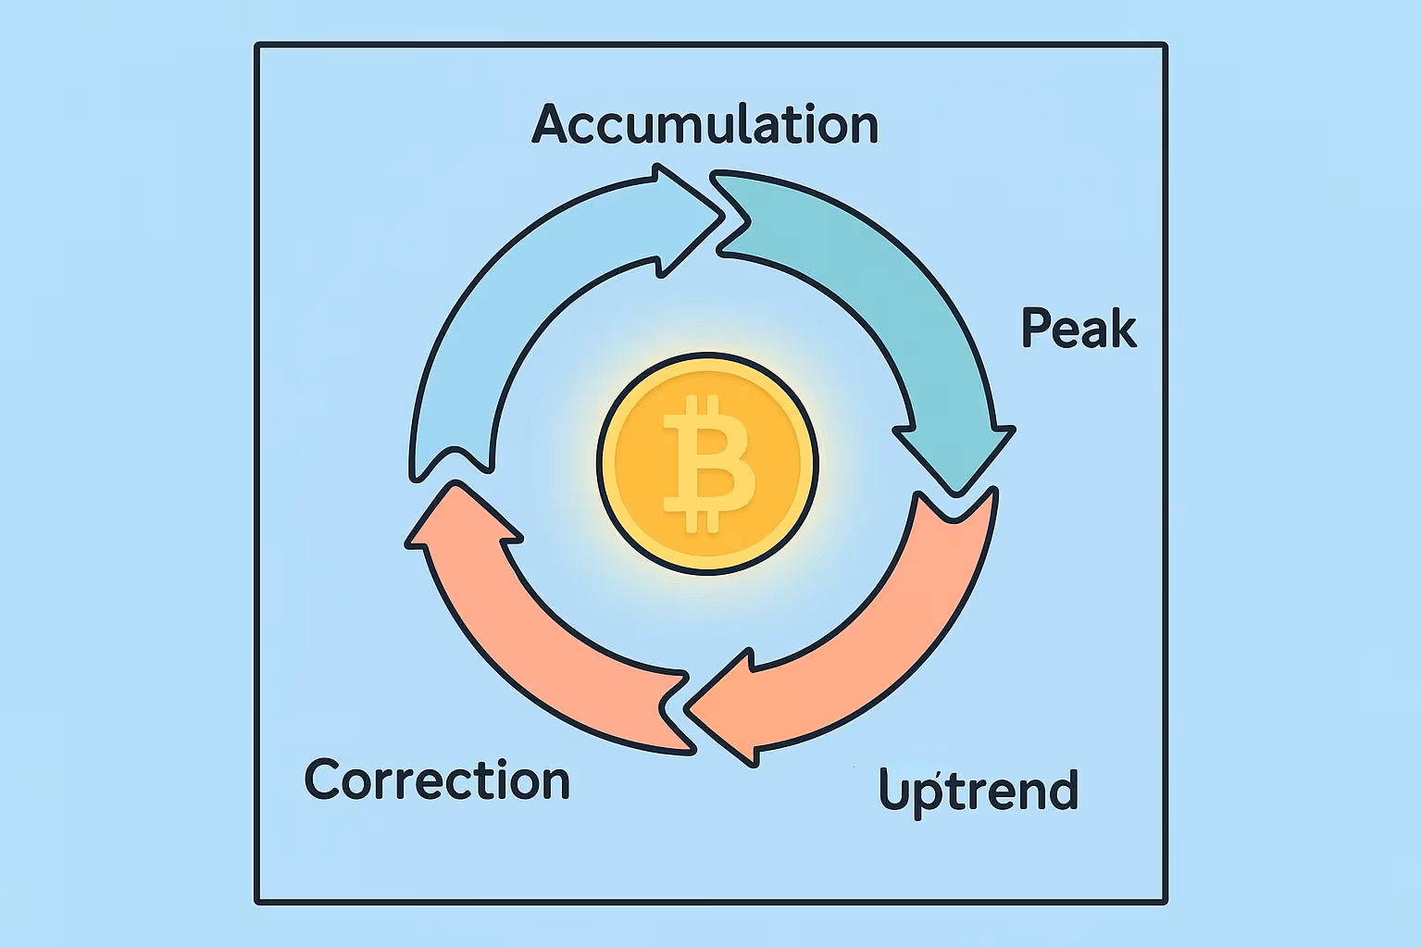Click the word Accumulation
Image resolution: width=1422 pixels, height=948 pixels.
coord(705,124)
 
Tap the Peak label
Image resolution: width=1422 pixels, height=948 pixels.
coord(1079,329)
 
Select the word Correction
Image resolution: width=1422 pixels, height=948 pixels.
coord(437,780)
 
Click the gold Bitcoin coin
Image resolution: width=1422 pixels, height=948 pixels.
coord(707,463)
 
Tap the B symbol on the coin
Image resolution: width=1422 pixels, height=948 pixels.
coord(707,463)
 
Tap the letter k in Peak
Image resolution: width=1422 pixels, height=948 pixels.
coord(1123,329)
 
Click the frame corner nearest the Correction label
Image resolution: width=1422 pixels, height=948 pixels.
coord(258,900)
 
